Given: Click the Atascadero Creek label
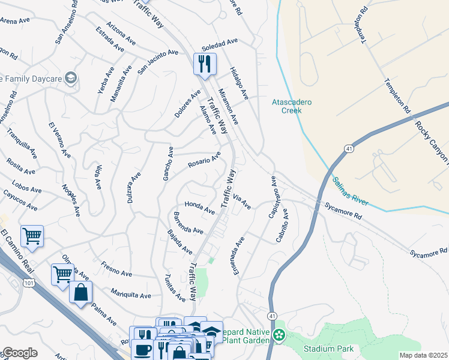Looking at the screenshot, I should pyautogui.click(x=292, y=106).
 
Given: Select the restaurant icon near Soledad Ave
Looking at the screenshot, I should pyautogui.click(x=205, y=63).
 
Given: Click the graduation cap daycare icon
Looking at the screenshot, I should pyautogui.click(x=71, y=78).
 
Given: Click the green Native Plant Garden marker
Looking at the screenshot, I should pyautogui.click(x=278, y=335).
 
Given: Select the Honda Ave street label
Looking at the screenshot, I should pyautogui.click(x=199, y=208).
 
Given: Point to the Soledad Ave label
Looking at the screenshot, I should pyautogui.click(x=220, y=45).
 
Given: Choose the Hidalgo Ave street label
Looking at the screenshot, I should pyautogui.click(x=239, y=83).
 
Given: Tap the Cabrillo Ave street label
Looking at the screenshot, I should pyautogui.click(x=282, y=225).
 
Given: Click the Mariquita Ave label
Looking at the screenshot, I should pyautogui.click(x=131, y=294).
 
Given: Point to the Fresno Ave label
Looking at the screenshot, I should pyautogui.click(x=116, y=269).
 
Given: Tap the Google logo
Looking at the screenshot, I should pyautogui.click(x=19, y=353).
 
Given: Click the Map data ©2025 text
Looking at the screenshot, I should pyautogui.click(x=423, y=355).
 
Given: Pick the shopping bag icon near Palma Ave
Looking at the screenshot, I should pyautogui.click(x=81, y=293).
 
